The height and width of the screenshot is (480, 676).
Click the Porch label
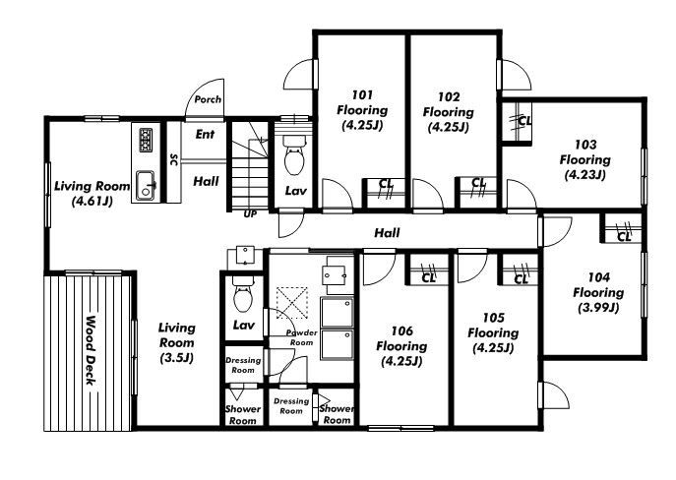click(208, 99)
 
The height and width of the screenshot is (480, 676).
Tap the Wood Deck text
click(91, 351)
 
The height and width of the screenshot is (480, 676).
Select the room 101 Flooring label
click(362, 110)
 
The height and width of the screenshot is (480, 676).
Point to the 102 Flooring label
click(449, 111)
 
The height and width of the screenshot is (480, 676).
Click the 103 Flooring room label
click(585, 159)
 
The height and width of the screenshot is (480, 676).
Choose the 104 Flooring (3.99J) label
click(598, 292)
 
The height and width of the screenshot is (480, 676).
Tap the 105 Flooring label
click(493, 332)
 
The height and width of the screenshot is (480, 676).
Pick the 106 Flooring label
click(401, 346)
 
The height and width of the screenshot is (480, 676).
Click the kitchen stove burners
click(146, 140)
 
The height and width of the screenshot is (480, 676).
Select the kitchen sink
click(146, 185)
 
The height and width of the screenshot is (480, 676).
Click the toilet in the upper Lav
click(295, 155)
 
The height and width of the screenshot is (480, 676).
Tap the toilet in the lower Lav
click(243, 294)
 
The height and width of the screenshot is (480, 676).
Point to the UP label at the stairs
click(250, 214)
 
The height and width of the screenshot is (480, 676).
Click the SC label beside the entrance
click(174, 159)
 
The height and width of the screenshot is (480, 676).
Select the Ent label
click(205, 135)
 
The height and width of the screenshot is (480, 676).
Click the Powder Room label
click(302, 337)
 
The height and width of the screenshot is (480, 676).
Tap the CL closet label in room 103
click(524, 121)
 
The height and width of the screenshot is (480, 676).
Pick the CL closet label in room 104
click(624, 237)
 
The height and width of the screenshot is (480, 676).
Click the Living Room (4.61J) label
click(92, 193)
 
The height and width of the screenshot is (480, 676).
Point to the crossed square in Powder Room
click(292, 303)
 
